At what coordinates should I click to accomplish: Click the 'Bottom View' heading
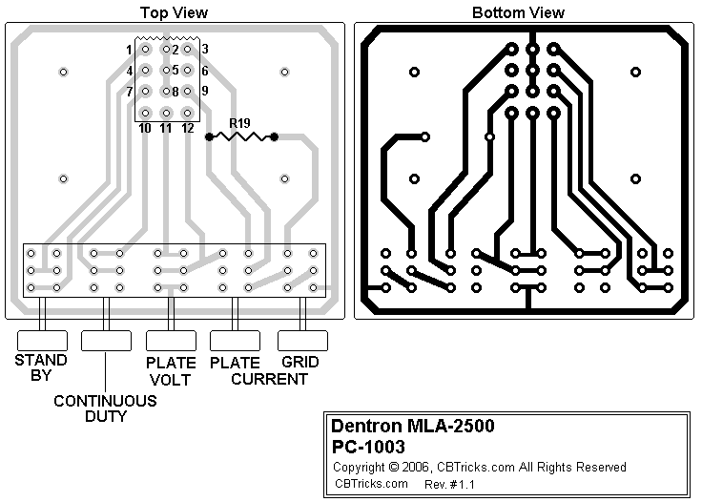pyautogui.click(x=518, y=12)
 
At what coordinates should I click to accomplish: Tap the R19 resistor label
pyautogui.click(x=239, y=122)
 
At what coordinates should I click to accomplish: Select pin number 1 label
pyautogui.click(x=129, y=49)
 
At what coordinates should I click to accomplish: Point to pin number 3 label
pyautogui.click(x=205, y=49)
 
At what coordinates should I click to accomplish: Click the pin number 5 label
pyautogui.click(x=175, y=70)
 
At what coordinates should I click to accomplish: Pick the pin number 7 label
pyautogui.click(x=129, y=92)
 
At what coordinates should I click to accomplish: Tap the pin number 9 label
pyautogui.click(x=204, y=91)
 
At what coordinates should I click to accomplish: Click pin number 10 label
pyautogui.click(x=145, y=128)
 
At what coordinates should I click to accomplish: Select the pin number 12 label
pyautogui.click(x=188, y=128)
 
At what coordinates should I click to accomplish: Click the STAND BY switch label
pyautogui.click(x=40, y=367)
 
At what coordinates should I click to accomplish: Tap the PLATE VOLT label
pyautogui.click(x=171, y=371)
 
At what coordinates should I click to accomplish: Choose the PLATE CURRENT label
pyautogui.click(x=258, y=371)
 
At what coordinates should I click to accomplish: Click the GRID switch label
pyautogui.click(x=300, y=363)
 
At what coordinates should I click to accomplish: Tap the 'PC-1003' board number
pyautogui.click(x=367, y=446)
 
